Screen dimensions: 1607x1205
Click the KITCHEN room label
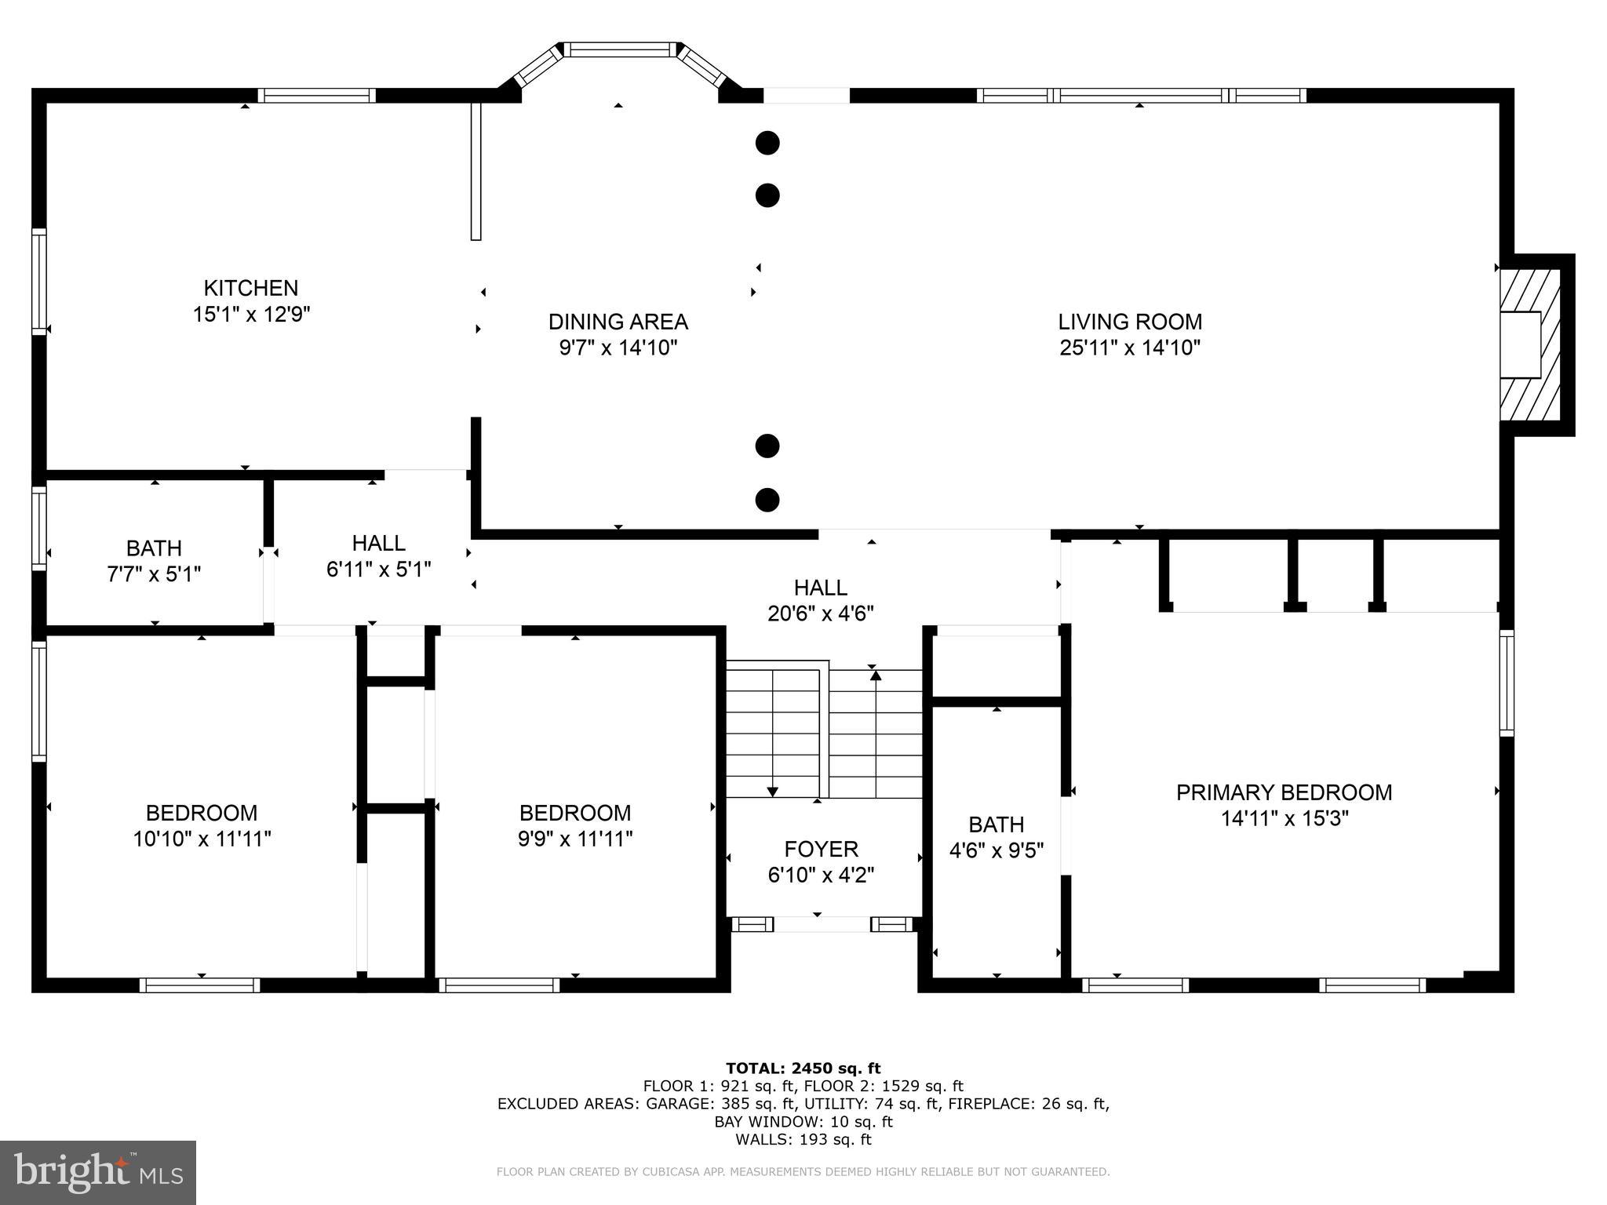251,288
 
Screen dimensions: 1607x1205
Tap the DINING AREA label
618,322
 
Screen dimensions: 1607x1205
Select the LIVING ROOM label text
1130,322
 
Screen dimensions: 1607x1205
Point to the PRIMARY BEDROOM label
1284,792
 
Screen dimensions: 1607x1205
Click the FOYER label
821,849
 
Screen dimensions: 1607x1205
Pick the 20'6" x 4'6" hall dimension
821,613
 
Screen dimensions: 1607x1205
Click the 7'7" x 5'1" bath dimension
154,574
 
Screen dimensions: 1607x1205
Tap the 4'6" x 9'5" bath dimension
997,851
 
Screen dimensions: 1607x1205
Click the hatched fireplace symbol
1530,345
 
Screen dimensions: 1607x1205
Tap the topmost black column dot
767,143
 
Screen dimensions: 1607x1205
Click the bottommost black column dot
767,500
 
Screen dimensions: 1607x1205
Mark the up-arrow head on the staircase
876,675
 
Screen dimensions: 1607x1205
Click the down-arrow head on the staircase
773,792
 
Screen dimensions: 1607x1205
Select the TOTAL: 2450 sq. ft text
803,1068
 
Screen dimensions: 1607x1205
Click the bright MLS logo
98,1173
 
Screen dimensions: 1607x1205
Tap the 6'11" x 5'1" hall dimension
379,570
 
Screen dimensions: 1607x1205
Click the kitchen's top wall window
317,96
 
